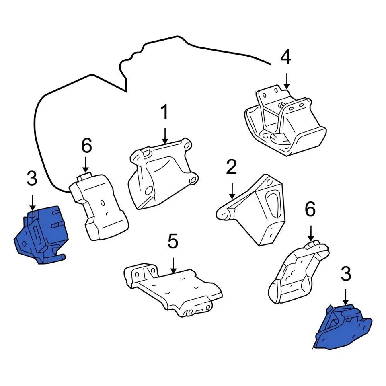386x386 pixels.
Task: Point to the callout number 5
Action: click(x=172, y=242)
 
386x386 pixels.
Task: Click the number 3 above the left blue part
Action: click(x=32, y=179)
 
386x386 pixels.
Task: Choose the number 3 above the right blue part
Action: click(x=346, y=274)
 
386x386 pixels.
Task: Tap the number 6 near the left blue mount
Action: click(x=87, y=146)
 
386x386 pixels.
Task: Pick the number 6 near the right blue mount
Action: click(x=310, y=209)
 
